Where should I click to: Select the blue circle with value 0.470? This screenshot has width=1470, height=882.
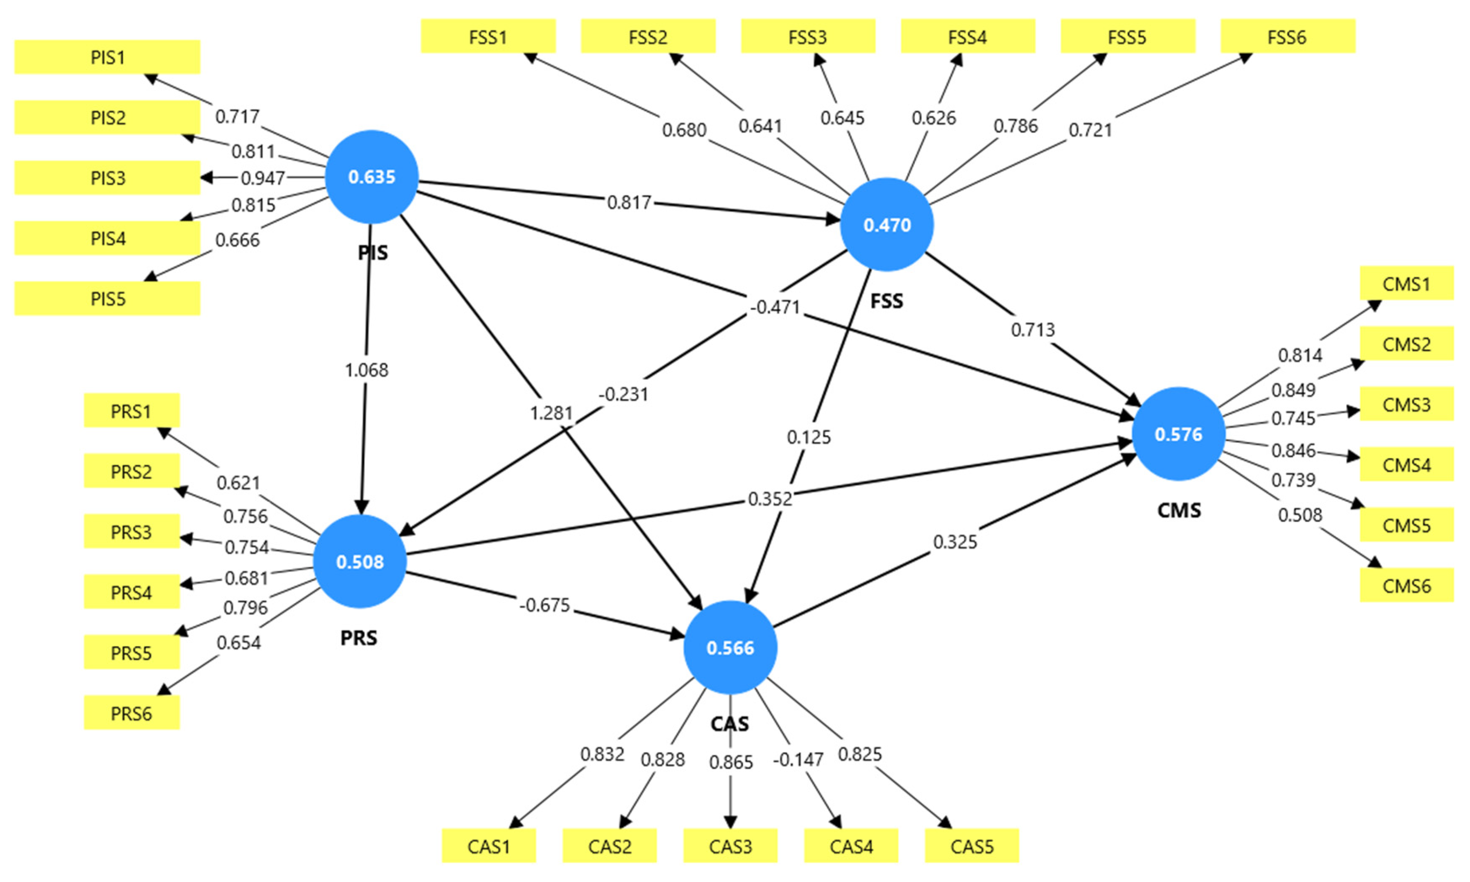tap(886, 225)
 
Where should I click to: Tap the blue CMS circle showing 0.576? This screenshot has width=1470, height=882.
tap(1178, 434)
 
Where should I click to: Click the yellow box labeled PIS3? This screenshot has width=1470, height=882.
tap(107, 178)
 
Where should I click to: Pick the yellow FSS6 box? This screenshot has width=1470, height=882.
tap(1287, 37)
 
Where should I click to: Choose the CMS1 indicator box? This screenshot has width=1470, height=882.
tap(1406, 283)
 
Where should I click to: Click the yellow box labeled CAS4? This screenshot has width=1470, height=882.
tap(851, 846)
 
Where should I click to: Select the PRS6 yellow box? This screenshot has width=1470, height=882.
tap(131, 713)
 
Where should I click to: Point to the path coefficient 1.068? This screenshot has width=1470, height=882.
tap(367, 370)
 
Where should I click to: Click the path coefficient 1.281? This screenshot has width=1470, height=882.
tap(551, 412)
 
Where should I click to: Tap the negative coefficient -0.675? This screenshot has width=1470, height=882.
tap(544, 605)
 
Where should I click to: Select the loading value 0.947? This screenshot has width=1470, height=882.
tap(263, 178)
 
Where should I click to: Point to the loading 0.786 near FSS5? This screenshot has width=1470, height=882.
tap(1016, 126)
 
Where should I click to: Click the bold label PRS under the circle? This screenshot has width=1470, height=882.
tap(358, 638)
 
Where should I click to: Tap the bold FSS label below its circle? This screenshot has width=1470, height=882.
tap(886, 301)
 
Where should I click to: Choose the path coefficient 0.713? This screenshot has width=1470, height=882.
tap(1033, 329)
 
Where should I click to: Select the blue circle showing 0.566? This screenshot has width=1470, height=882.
tap(730, 647)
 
